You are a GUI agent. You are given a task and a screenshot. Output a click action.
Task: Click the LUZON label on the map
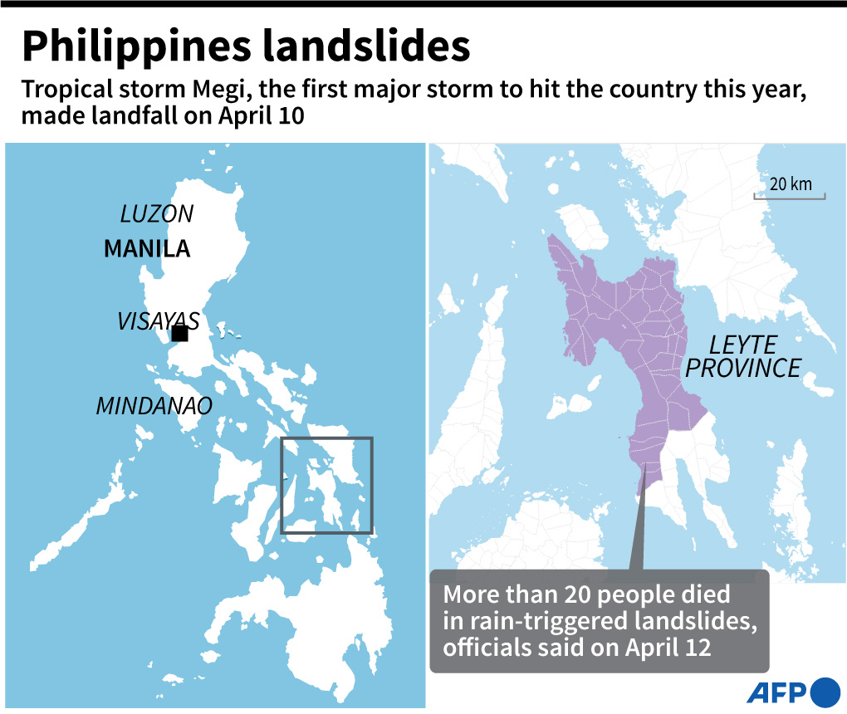(x=157, y=214)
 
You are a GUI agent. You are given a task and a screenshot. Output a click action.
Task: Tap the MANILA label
(x=147, y=248)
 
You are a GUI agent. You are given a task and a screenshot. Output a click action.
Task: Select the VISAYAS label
(x=158, y=321)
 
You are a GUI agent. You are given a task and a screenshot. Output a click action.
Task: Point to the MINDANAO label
(x=154, y=406)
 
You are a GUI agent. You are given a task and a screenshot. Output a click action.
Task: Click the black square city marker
(x=179, y=334)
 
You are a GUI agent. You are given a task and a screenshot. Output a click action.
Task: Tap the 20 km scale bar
(x=789, y=196)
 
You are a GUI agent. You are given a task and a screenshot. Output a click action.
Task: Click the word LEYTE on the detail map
(x=742, y=345)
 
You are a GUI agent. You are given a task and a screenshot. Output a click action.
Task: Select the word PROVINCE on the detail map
(x=743, y=368)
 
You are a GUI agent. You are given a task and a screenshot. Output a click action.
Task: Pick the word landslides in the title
(x=366, y=48)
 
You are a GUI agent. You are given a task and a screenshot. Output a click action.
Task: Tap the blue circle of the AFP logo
(x=825, y=692)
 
